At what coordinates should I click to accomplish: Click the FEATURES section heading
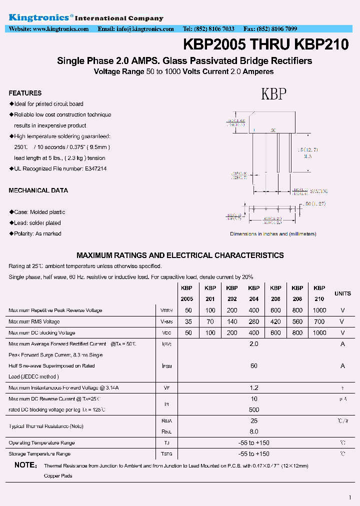point(25,93)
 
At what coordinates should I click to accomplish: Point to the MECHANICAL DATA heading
point(38,190)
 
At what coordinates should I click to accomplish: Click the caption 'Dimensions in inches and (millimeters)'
point(273,234)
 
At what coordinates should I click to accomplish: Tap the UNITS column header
point(342,293)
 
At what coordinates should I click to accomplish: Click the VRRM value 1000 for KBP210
point(319,310)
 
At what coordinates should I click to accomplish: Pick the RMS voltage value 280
point(254,321)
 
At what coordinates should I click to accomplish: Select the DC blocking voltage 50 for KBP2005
point(188,333)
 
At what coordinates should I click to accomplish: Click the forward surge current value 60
point(254,366)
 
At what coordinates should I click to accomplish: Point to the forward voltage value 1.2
point(254,388)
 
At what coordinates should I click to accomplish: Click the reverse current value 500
point(254,409)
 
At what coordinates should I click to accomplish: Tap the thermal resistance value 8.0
point(254,431)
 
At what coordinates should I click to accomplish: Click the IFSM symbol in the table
point(167,366)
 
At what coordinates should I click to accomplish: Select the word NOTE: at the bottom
point(25,465)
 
